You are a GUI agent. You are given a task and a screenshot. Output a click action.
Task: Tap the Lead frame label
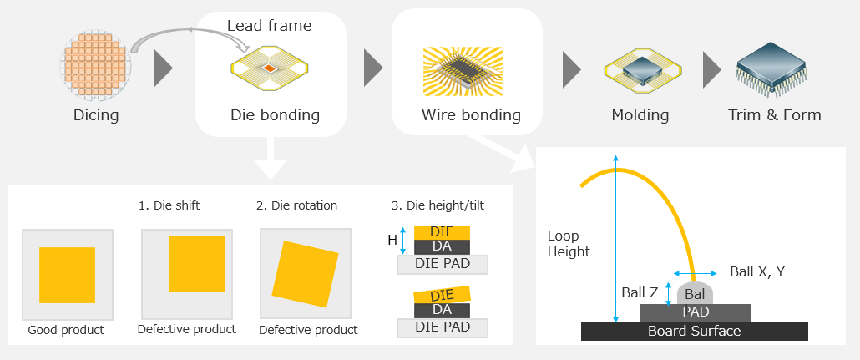269,26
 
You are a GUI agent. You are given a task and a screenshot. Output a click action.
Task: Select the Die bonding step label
275,115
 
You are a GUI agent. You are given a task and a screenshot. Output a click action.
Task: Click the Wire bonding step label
471,115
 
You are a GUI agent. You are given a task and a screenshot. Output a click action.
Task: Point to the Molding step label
640,115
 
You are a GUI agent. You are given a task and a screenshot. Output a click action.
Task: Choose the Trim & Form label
775,115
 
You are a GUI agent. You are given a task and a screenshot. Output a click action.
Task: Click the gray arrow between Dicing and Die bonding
164,69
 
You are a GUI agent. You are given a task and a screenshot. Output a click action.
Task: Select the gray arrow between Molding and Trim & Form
711,69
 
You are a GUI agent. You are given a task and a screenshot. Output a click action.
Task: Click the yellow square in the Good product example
68,275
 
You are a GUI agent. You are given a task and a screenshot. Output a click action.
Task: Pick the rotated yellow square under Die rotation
304,275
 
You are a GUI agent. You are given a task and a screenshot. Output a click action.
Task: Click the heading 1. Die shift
169,205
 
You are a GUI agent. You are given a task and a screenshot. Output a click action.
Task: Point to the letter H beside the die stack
392,240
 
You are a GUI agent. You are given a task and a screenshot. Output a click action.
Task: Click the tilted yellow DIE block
442,295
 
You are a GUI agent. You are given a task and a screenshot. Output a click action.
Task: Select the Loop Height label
569,244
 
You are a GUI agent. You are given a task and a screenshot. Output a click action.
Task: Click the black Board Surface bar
694,332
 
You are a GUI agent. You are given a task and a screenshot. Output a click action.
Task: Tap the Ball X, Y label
756,271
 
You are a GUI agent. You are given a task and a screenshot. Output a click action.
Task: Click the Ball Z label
640,293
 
